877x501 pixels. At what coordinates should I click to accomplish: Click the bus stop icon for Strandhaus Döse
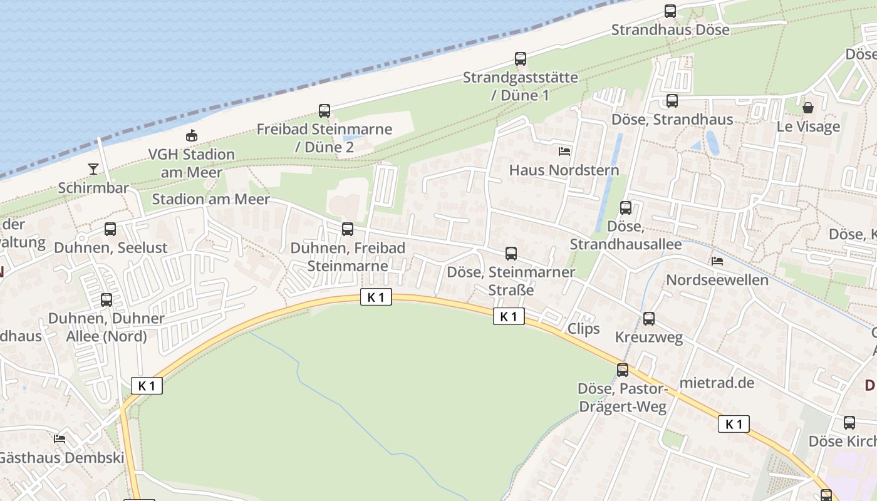tap(670, 11)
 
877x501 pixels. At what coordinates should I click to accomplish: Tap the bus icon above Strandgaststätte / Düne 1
tap(521, 59)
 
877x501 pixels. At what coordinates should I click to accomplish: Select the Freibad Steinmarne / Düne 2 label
tap(324, 138)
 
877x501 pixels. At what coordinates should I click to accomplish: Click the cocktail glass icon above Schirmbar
tap(93, 168)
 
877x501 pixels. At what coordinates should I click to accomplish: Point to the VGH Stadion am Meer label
tap(192, 163)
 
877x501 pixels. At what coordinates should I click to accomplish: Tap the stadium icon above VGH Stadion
tap(192, 135)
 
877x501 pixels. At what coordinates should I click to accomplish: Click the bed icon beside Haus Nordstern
tap(564, 151)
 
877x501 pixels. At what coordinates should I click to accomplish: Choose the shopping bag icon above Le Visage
tap(808, 108)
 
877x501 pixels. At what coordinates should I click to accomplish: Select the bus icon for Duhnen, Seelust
tap(110, 229)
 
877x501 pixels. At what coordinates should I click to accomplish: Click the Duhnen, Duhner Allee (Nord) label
tap(106, 327)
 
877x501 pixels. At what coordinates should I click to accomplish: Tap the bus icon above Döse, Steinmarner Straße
tap(511, 254)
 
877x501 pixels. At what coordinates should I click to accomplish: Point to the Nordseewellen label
tap(717, 279)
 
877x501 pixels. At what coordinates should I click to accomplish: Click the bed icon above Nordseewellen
tap(717, 261)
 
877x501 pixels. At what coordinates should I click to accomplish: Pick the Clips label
tap(583, 329)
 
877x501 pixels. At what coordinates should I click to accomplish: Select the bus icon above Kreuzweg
tap(649, 319)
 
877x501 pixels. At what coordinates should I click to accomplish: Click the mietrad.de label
tap(717, 382)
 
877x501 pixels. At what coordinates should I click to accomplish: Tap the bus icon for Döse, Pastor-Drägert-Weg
tap(623, 370)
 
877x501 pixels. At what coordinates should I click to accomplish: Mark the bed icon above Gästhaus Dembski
tap(60, 439)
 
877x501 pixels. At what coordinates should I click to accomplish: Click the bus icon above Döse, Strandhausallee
tap(626, 208)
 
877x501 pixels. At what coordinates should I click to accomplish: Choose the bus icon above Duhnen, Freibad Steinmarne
tap(348, 229)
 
